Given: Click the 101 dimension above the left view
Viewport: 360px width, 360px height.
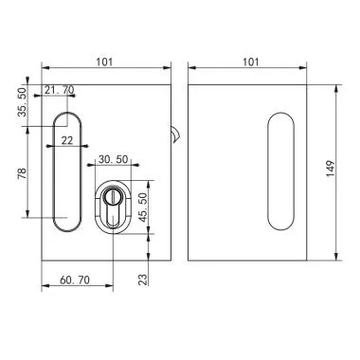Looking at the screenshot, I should tap(105, 62).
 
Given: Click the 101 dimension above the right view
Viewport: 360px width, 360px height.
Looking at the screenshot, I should tap(251, 62).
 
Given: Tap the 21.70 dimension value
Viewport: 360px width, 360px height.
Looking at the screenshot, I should tap(59, 90).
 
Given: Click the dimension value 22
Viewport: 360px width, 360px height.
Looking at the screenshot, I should tap(66, 139).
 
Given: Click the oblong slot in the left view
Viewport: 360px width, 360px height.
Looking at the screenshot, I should tap(65, 171).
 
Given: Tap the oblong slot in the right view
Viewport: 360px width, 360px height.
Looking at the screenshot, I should tap(280, 171).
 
